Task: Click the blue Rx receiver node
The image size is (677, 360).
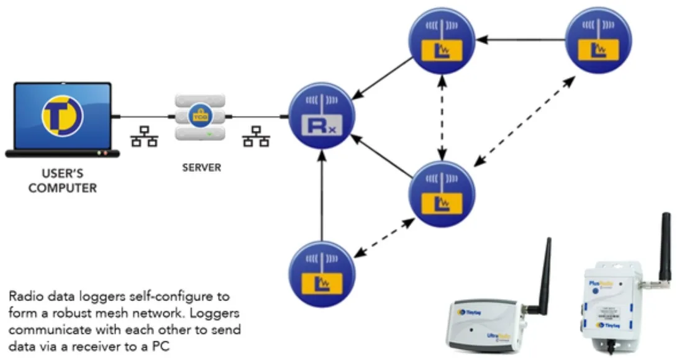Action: pos(322,117)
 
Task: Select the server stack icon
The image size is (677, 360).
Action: pos(198,117)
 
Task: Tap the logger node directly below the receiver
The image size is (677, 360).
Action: pos(322,272)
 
